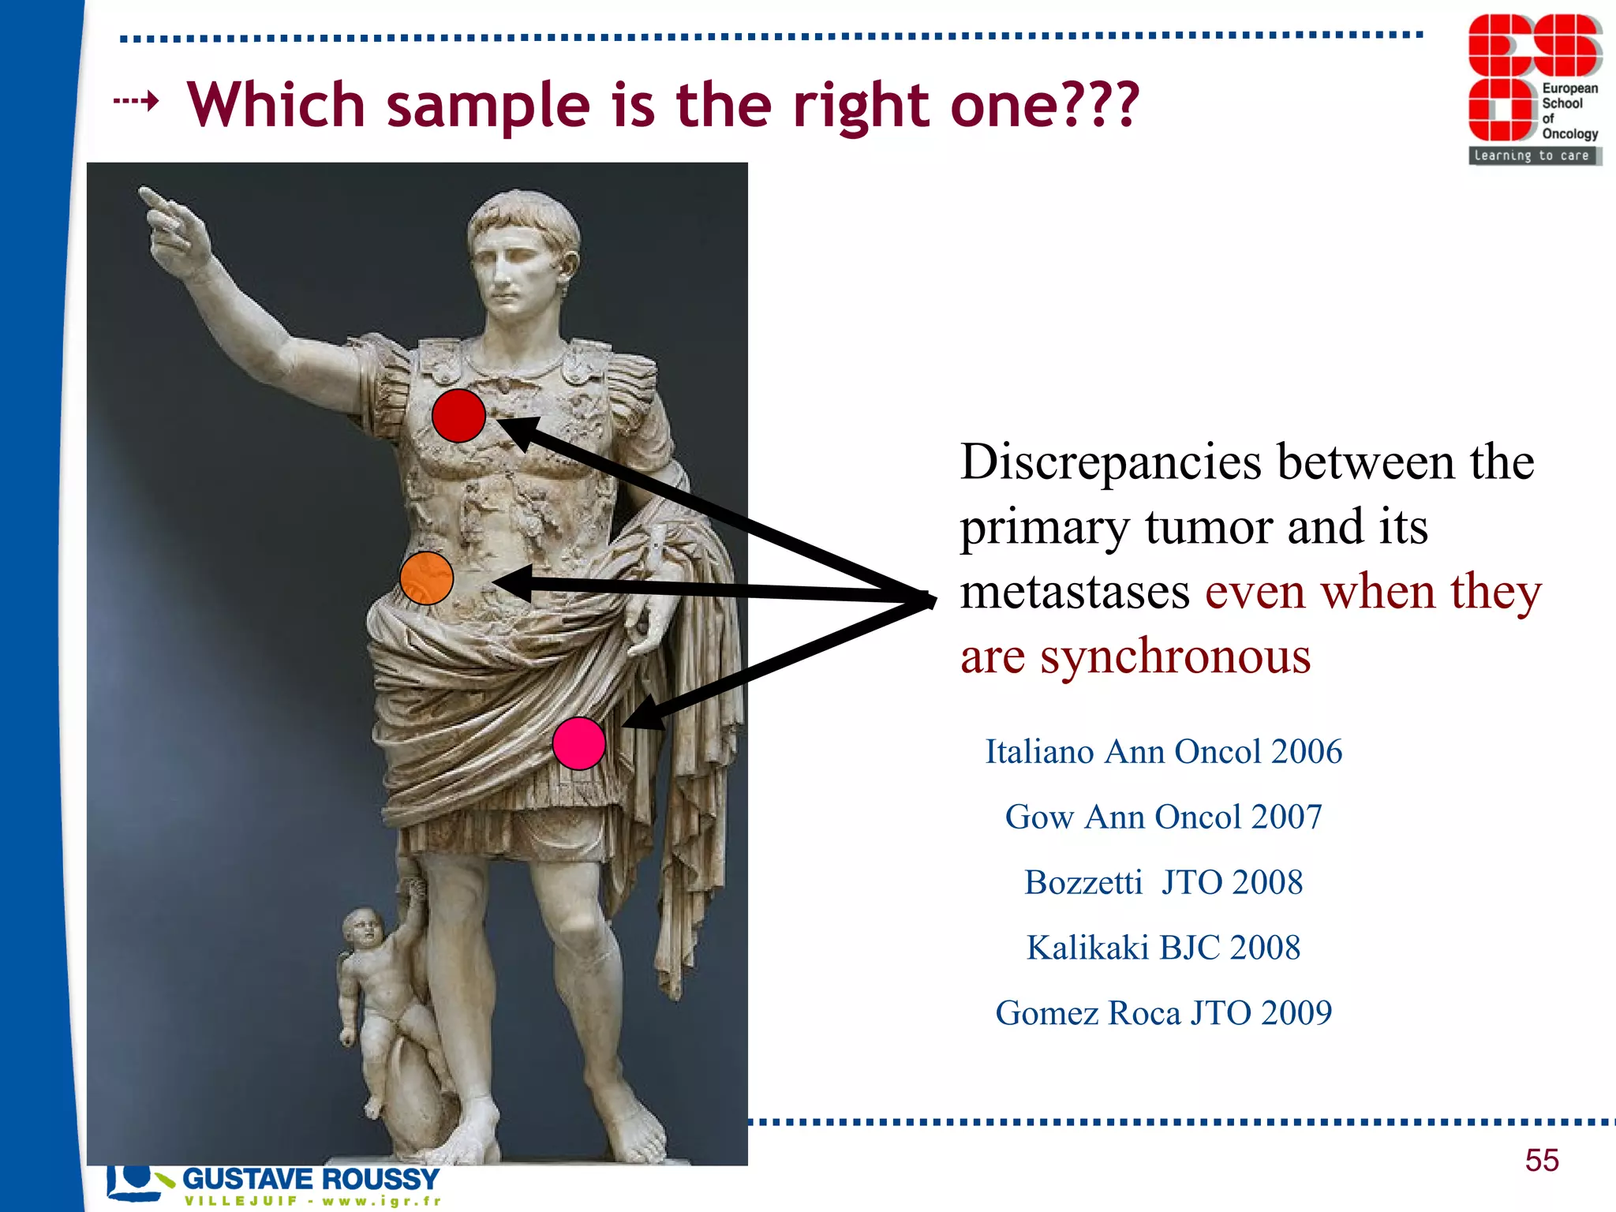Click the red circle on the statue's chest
pos(458,416)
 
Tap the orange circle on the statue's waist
pos(426,578)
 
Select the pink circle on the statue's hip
pos(578,743)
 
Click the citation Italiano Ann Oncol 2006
pos(1163,752)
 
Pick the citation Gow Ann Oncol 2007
pos(1163,817)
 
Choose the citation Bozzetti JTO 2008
pos(1163,883)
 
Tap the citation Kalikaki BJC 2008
pos(1163,948)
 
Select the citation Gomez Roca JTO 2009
pos(1163,1013)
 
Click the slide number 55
pos(1542,1161)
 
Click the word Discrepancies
pos(1110,462)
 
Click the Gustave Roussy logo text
pos(310,1179)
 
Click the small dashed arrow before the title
pos(136,101)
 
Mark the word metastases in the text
pos(1075,593)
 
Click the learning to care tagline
pos(1532,155)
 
